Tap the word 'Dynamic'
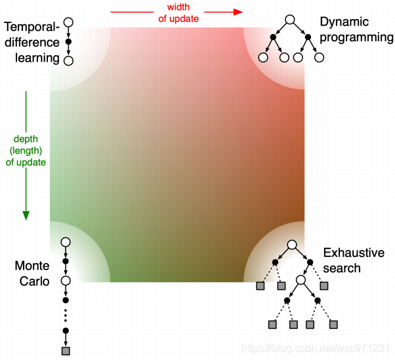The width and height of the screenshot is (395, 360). [344, 22]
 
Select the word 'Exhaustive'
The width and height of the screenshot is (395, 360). [354, 253]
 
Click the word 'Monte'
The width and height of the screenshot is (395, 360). [32, 266]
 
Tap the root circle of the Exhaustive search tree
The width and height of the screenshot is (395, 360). [293, 245]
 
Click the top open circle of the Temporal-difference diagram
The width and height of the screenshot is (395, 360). [68, 22]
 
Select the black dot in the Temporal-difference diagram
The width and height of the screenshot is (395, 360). [68, 42]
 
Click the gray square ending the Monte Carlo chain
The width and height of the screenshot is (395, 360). [65, 351]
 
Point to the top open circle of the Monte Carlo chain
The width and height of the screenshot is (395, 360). [65, 243]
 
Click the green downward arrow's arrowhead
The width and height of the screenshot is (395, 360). [26, 214]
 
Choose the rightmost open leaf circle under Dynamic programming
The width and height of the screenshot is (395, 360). [320, 58]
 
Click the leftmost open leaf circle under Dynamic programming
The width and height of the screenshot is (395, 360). [263, 58]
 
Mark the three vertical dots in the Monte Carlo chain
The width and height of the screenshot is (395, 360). [65, 315]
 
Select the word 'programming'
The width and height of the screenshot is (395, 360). [357, 37]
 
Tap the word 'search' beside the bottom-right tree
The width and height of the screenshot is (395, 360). [342, 268]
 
